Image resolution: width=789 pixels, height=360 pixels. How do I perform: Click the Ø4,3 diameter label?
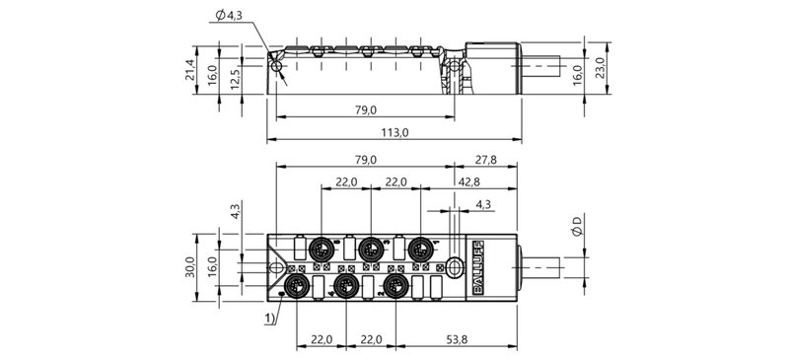pos(228,14)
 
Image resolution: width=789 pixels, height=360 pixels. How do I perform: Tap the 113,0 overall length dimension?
pos(394,131)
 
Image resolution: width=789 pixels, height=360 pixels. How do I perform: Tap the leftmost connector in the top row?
pos(322,247)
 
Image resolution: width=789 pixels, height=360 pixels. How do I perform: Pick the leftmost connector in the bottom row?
pos(294,285)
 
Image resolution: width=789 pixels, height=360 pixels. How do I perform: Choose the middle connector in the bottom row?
pos(344,285)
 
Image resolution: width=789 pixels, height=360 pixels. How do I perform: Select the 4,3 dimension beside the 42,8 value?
pos(483,204)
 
